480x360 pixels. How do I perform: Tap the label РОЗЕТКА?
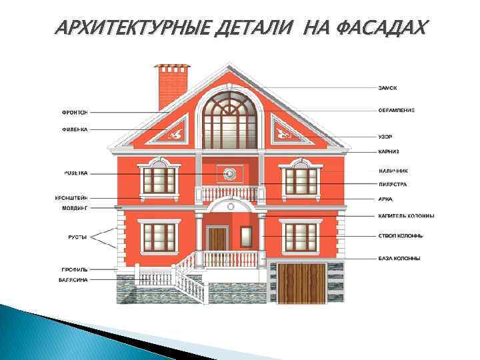[74, 173]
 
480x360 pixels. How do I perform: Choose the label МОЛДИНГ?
[73, 209]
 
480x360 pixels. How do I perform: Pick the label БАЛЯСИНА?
[72, 280]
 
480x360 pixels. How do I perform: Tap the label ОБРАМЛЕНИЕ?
[396, 111]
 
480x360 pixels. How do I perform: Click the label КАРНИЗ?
[389, 152]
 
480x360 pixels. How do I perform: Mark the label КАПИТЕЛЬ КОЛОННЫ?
[406, 215]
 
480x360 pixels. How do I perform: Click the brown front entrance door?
[217, 237]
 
